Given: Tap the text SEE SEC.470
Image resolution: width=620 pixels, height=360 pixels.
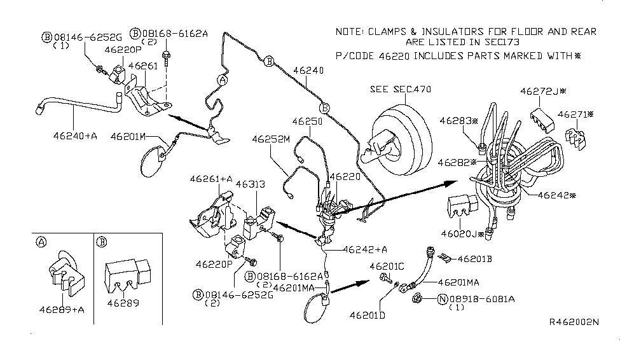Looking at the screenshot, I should (x=400, y=90).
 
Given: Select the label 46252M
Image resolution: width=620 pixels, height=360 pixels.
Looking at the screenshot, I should (x=270, y=138).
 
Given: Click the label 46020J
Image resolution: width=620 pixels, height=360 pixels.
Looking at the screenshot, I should (x=463, y=234).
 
